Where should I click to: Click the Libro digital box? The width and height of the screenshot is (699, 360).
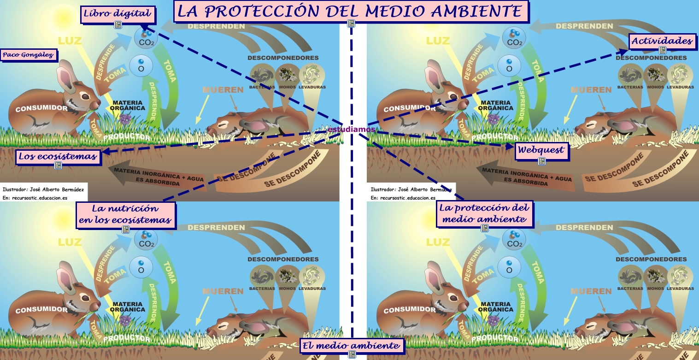117,13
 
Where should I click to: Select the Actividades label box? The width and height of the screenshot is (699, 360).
662,41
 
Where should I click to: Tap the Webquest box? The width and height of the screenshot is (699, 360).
541,150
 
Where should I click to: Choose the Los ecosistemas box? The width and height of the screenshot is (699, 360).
58,157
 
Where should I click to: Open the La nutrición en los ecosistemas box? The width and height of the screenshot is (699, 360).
125,214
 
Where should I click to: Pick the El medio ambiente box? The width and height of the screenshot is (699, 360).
351,346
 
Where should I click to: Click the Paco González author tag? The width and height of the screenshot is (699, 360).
29,55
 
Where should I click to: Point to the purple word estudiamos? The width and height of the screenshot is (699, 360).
352,130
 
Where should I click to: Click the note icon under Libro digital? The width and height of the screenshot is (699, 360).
118,25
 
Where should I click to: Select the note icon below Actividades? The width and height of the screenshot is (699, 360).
663,50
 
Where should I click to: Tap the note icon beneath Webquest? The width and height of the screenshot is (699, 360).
542,161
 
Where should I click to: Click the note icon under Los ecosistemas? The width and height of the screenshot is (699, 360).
58,165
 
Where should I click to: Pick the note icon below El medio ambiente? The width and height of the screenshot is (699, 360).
352,354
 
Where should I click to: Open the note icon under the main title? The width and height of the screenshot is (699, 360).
351,24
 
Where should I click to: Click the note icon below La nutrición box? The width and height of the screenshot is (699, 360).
125,229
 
